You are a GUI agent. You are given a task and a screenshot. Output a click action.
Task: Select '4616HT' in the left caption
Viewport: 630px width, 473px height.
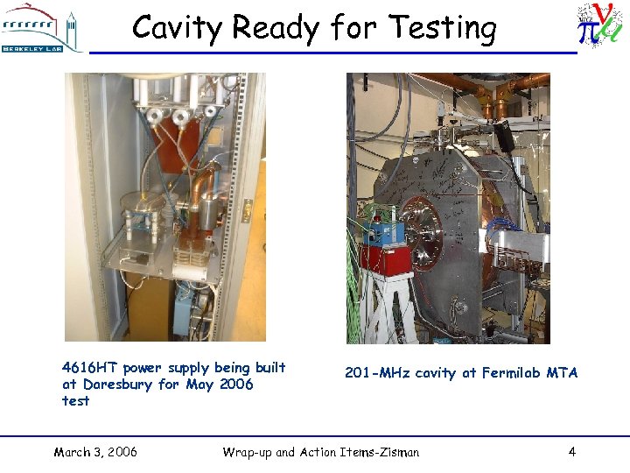click(90, 368)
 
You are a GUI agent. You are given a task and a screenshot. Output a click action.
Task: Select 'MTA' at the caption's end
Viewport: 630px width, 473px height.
click(563, 373)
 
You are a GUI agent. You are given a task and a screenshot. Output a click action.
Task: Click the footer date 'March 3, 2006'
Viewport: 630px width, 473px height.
click(95, 452)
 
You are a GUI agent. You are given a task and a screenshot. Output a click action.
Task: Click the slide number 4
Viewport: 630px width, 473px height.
click(571, 452)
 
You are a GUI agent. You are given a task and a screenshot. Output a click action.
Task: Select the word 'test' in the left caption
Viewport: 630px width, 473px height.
click(75, 401)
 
